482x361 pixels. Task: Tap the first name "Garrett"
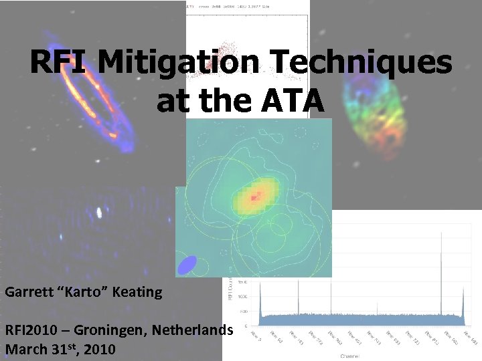(x=29, y=292)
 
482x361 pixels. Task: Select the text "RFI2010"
(x=31, y=330)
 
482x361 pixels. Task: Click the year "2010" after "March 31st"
(x=99, y=349)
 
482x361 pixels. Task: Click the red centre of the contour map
(x=254, y=198)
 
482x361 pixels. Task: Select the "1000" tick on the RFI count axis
(x=242, y=295)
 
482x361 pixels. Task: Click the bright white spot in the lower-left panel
(x=99, y=213)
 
